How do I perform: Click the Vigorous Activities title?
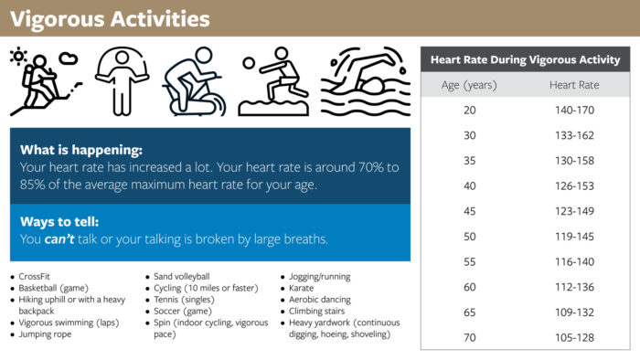[109, 18]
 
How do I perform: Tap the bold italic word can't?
[61, 239]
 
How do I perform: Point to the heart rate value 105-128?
[574, 337]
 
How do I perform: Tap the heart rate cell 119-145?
[574, 237]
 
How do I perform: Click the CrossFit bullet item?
[35, 277]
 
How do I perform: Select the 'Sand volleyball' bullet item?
[182, 277]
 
